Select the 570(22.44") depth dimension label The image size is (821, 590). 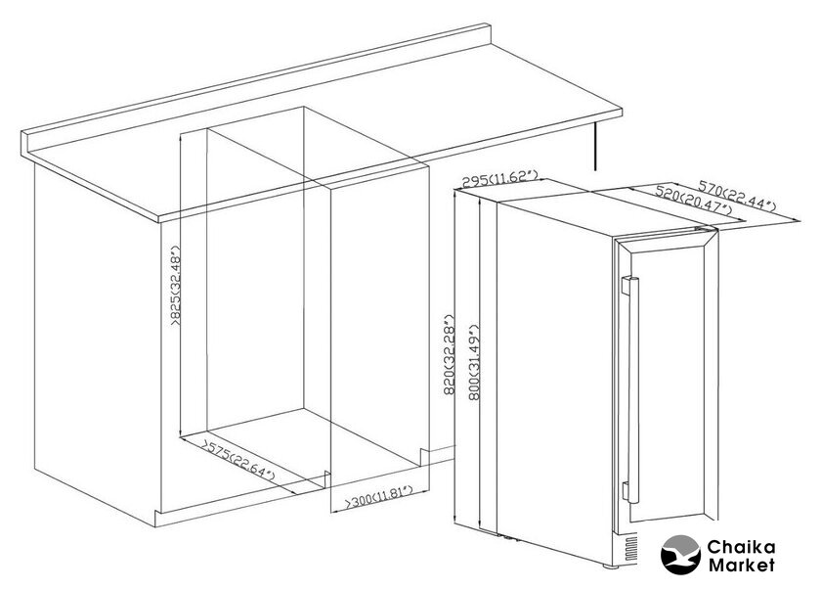click(737, 195)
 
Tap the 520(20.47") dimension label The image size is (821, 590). click(694, 201)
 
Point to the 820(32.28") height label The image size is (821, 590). click(449, 354)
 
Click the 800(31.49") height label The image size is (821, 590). click(474, 362)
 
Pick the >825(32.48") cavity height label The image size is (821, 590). click(174, 286)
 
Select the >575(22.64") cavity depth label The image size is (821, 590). click(239, 461)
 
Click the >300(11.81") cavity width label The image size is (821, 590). click(379, 496)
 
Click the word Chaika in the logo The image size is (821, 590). click(741, 548)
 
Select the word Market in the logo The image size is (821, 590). click(742, 566)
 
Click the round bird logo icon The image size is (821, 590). click(680, 555)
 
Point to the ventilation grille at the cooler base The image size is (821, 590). click(627, 549)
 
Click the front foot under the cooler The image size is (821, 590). click(610, 566)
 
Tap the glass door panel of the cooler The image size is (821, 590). click(666, 386)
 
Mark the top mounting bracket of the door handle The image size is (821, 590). click(626, 285)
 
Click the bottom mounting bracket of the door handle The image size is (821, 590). click(626, 491)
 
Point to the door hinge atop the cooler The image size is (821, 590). click(706, 228)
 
